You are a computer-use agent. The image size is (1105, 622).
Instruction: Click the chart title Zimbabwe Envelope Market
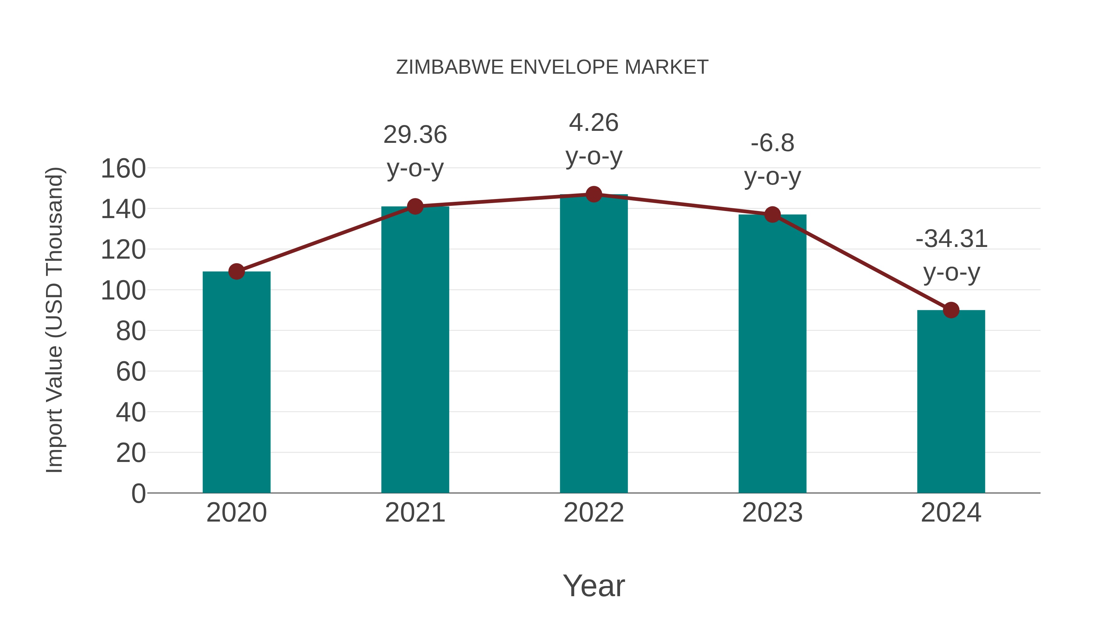(552, 67)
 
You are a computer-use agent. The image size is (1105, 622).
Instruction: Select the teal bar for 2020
(236, 382)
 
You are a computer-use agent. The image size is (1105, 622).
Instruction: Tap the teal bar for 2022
(594, 343)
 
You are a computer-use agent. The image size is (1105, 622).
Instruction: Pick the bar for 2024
(951, 401)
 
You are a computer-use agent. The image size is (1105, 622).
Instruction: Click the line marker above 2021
(415, 206)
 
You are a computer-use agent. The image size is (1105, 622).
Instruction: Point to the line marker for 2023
(772, 215)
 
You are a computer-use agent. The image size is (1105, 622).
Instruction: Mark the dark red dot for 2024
(951, 310)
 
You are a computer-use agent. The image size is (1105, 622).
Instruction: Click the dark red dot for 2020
(236, 271)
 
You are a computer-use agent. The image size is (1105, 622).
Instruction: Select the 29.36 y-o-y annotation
(415, 151)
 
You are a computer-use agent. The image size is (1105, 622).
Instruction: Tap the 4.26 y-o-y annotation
(594, 139)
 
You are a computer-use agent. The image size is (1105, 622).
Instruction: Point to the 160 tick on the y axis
(123, 168)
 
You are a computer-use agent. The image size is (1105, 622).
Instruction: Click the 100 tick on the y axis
(123, 290)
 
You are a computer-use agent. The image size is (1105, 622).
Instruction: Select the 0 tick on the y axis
(138, 493)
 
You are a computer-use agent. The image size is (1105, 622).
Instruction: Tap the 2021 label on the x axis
(415, 513)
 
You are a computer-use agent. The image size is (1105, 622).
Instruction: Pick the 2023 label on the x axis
(772, 513)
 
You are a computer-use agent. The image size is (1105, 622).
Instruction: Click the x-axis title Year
(594, 585)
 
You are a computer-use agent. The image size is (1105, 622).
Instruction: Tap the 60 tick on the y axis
(130, 371)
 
